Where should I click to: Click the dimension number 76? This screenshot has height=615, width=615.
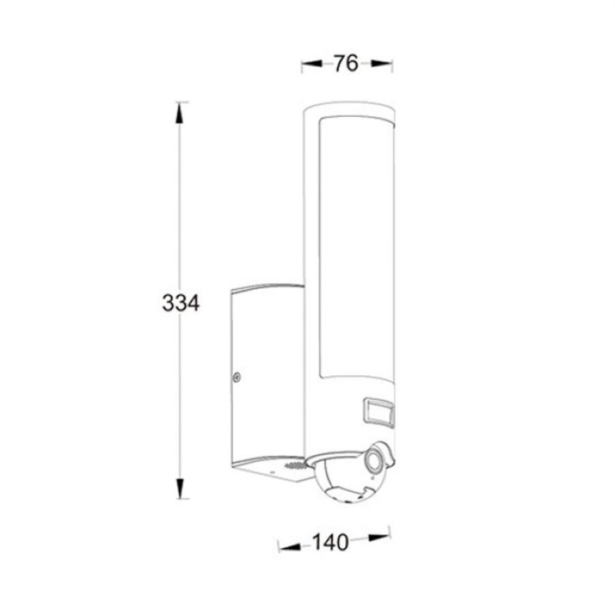click(346, 63)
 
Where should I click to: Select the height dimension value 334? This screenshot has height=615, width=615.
click(181, 303)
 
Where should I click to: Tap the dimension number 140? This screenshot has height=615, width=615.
click(330, 543)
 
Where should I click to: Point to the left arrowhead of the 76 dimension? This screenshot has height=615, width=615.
click(312, 64)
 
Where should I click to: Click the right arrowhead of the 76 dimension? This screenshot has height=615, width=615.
click(381, 64)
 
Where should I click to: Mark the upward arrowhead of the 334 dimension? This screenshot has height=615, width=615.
click(179, 113)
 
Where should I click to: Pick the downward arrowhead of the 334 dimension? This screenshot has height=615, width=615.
click(179, 488)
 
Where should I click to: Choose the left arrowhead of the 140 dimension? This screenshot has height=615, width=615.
click(290, 547)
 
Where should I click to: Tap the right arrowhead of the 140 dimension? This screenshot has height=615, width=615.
click(379, 537)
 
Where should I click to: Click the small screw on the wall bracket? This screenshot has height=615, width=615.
click(236, 377)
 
